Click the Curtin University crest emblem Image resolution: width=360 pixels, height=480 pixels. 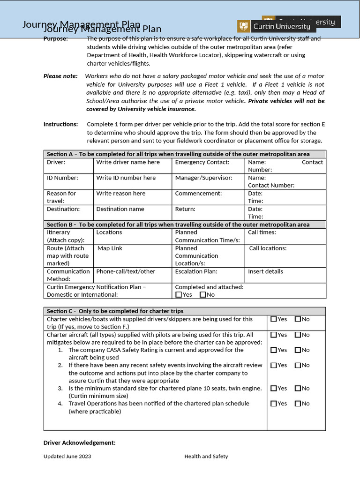click(x=243, y=26)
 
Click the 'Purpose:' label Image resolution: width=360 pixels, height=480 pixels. click(x=55, y=39)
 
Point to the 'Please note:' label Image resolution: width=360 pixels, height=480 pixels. click(x=60, y=76)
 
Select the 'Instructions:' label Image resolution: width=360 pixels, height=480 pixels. click(x=60, y=124)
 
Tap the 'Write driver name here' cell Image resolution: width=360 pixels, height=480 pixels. click(x=128, y=162)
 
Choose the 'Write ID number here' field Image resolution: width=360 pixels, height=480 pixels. click(x=126, y=178)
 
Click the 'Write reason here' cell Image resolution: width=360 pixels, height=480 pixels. click(x=121, y=193)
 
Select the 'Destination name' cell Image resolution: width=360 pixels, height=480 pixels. click(x=120, y=209)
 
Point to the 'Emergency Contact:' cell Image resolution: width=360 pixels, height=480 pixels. click(x=202, y=162)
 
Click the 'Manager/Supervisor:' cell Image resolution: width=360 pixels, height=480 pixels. click(x=203, y=178)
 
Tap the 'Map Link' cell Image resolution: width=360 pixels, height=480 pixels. click(x=110, y=248)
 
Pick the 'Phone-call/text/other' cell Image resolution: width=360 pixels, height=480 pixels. click(x=126, y=271)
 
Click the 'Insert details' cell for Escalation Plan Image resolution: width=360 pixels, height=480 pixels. click(x=265, y=271)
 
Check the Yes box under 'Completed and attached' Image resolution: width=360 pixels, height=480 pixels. click(x=179, y=295)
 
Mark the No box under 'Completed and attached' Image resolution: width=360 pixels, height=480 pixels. click(x=202, y=295)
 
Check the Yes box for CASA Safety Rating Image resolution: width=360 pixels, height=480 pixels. click(x=274, y=350)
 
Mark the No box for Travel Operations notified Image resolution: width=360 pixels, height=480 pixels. click(x=298, y=404)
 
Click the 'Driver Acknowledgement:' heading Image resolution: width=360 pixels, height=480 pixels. click(x=79, y=442)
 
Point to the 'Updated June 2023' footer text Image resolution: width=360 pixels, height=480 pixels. click(x=67, y=456)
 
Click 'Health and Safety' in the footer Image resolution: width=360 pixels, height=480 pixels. click(x=206, y=456)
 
